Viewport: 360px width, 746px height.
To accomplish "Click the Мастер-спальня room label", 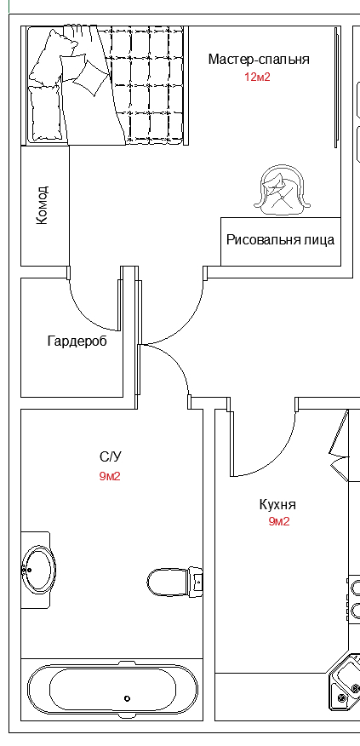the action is (x=259, y=60).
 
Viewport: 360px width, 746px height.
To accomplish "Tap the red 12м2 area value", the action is (x=257, y=77).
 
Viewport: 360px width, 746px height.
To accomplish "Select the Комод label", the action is (x=43, y=205).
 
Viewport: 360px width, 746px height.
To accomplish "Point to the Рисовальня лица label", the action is (x=280, y=240).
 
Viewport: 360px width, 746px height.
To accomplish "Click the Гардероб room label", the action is (x=77, y=341).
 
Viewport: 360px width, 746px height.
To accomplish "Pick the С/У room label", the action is (x=111, y=457).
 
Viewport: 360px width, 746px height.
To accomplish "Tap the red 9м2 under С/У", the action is (x=110, y=476).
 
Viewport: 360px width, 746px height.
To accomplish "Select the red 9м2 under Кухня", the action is (x=279, y=521).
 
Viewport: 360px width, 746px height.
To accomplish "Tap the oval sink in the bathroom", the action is (x=39, y=570).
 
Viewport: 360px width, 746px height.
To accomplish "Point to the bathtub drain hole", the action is (x=127, y=698).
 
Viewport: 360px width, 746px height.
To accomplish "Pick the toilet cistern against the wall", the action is (x=196, y=582).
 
